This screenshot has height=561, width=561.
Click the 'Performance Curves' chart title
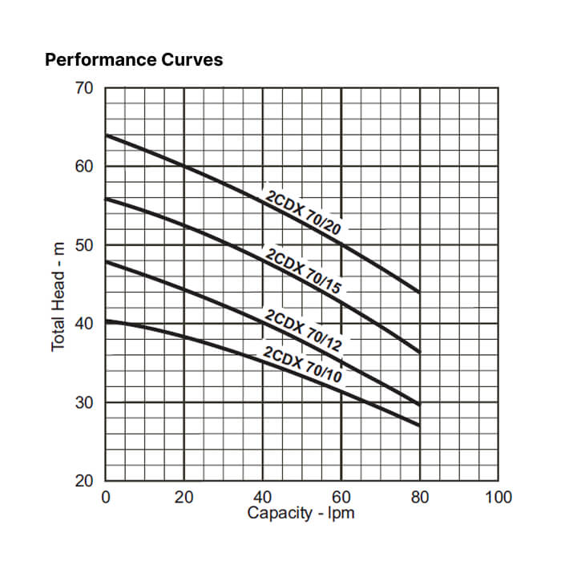click(134, 60)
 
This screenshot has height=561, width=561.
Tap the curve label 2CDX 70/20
click(303, 212)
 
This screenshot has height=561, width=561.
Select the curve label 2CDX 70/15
click(303, 271)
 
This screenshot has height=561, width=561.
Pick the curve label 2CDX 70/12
click(303, 330)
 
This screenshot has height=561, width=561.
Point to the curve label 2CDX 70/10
click(302, 365)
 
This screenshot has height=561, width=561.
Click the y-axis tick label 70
click(84, 88)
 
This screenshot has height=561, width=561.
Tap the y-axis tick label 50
click(84, 245)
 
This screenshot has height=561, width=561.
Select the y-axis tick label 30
click(84, 402)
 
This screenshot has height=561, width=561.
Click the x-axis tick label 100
click(498, 497)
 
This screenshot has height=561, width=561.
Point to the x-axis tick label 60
click(341, 497)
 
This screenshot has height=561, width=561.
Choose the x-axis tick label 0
click(106, 497)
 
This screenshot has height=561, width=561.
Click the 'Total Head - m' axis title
click(58, 297)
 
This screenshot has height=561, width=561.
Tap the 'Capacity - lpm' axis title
click(301, 513)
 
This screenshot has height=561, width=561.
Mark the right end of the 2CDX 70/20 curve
click(420, 293)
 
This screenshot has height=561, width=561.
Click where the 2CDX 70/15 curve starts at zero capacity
click(106, 199)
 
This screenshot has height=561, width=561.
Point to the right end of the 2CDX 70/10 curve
click(420, 426)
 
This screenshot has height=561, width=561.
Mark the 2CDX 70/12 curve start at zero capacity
click(106, 262)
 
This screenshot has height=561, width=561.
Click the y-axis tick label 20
click(84, 481)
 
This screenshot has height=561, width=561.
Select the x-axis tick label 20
click(184, 497)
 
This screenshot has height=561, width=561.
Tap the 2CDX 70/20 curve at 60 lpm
click(341, 244)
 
